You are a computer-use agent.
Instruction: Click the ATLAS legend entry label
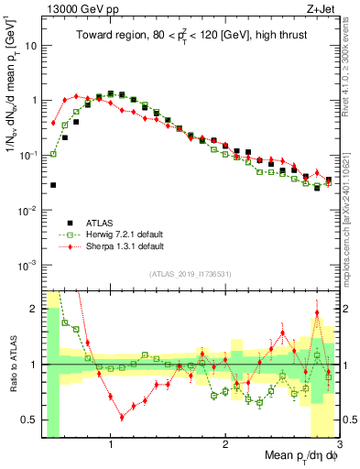[101, 222]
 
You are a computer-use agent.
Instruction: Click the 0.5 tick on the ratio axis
[29, 420]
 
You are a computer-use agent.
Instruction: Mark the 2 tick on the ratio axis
[33, 309]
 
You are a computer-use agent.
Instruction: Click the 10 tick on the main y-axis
[29, 44]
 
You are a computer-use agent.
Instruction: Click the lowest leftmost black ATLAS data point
[53, 185]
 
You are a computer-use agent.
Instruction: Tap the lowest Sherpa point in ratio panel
[122, 417]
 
